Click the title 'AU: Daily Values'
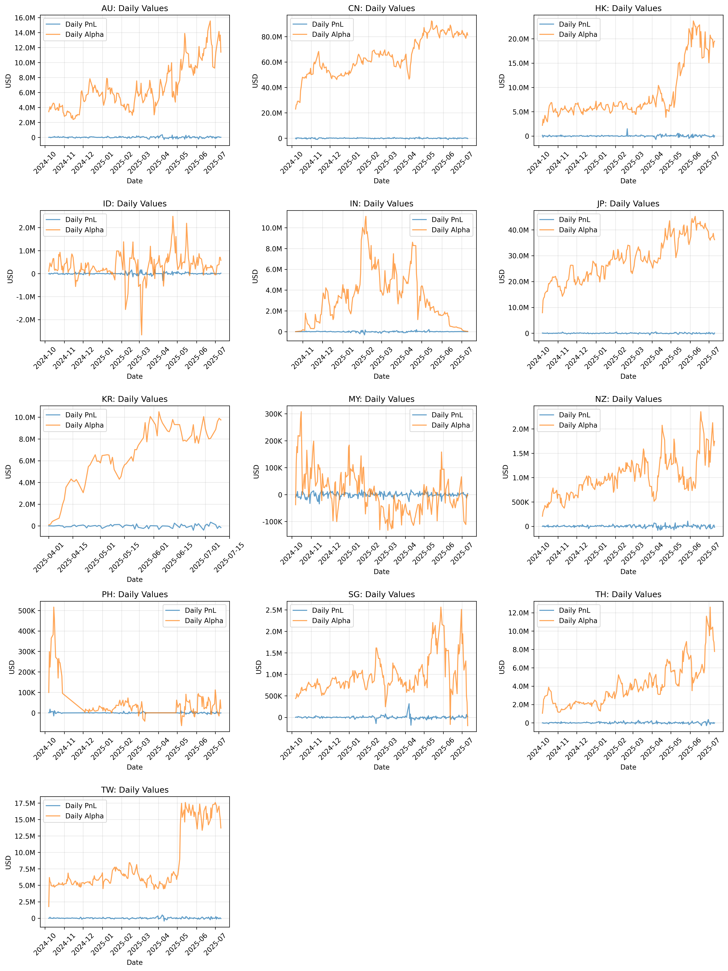134,8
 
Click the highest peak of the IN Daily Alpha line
365,216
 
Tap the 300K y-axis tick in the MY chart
274,414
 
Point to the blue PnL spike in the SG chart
409,704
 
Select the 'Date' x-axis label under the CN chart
381,181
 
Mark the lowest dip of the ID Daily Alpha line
142,335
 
